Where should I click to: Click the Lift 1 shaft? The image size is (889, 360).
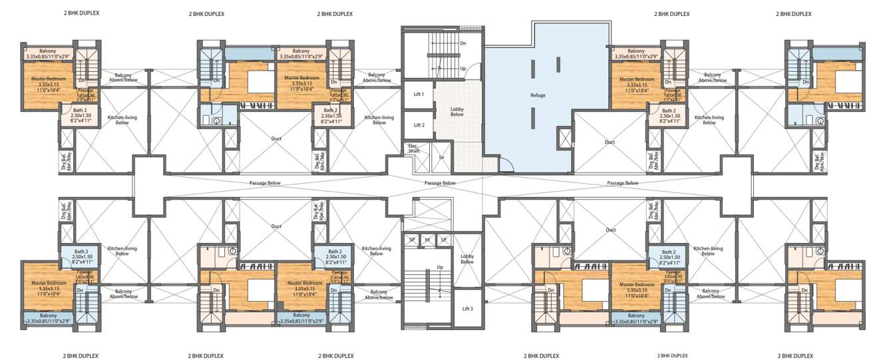pyautogui.click(x=419, y=94)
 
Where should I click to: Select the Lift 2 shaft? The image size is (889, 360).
pyautogui.click(x=419, y=125)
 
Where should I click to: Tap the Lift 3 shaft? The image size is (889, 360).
pyautogui.click(x=467, y=309)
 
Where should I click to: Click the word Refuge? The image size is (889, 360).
pyautogui.click(x=538, y=95)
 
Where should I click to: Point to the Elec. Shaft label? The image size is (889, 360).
pyautogui.click(x=414, y=150)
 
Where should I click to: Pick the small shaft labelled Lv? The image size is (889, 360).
pyautogui.click(x=441, y=158)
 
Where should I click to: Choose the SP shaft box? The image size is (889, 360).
pyautogui.click(x=412, y=240)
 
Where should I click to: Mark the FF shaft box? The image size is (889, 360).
pyautogui.click(x=428, y=240)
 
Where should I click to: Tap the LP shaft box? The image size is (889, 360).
pyautogui.click(x=444, y=240)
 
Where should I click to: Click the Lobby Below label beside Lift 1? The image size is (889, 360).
pyautogui.click(x=457, y=112)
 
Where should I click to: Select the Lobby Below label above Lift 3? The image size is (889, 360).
pyautogui.click(x=467, y=259)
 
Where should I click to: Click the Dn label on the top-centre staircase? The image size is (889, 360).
pyautogui.click(x=463, y=43)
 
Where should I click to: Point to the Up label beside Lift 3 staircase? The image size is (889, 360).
pyautogui.click(x=440, y=267)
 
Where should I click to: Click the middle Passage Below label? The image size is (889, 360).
pyautogui.click(x=440, y=183)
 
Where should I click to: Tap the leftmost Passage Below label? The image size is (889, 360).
pyautogui.click(x=265, y=183)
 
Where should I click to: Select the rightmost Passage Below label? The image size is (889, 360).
pyautogui.click(x=622, y=183)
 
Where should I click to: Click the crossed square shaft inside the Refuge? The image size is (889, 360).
pyautogui.click(x=564, y=138)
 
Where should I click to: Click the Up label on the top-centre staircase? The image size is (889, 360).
pyautogui.click(x=463, y=69)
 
